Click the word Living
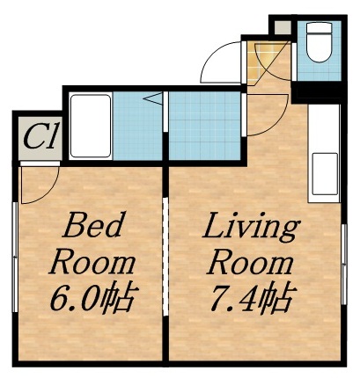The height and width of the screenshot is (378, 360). (251, 228)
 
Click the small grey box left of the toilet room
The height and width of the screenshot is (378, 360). (282, 26)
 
